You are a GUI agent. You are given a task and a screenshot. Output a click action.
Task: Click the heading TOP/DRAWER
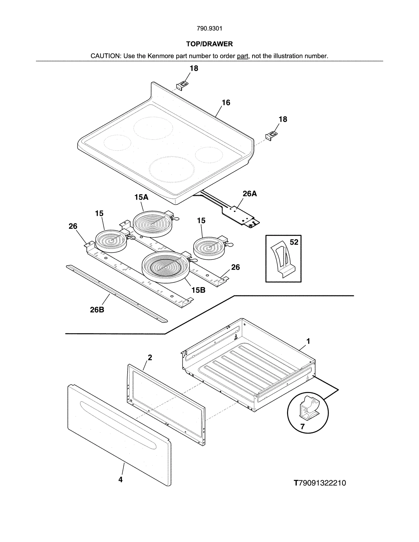pyautogui.click(x=209, y=44)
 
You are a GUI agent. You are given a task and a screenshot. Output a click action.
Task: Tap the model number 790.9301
pyautogui.click(x=209, y=29)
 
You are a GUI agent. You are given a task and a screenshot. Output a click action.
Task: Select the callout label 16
pyautogui.click(x=226, y=103)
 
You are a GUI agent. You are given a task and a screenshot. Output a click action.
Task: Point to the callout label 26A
pyautogui.click(x=249, y=194)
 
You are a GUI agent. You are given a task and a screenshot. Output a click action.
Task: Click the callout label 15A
pyautogui.click(x=141, y=197)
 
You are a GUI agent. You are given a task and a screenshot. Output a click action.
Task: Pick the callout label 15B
pyautogui.click(x=198, y=290)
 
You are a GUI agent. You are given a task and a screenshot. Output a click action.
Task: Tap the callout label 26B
pyautogui.click(x=97, y=310)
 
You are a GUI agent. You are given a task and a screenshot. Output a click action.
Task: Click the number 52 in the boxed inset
pyautogui.click(x=294, y=242)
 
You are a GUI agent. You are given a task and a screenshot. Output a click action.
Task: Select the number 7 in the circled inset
pyautogui.click(x=302, y=427)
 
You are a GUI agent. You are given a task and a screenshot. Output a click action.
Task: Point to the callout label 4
pyautogui.click(x=120, y=479)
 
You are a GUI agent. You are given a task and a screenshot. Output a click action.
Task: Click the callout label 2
pyautogui.click(x=150, y=357)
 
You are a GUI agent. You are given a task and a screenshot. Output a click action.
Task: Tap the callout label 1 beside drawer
pyautogui.click(x=308, y=341)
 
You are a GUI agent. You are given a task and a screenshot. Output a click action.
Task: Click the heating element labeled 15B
pyautogui.click(x=165, y=267)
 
